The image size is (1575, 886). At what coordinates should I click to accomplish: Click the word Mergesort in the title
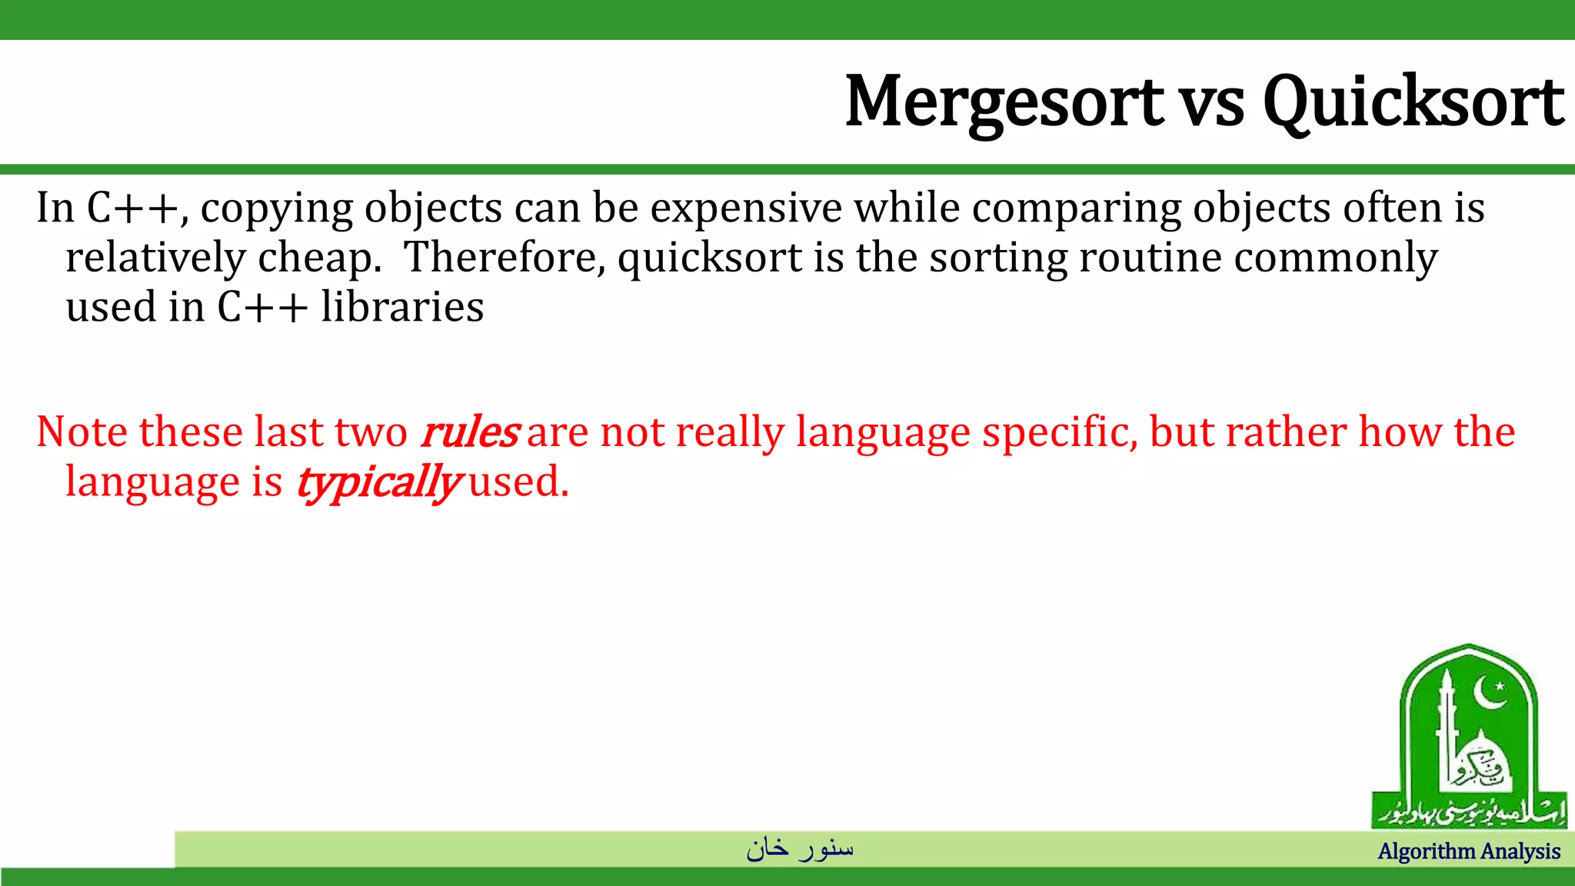coord(1004,102)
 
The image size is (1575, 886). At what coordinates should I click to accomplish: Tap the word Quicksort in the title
coord(1413,102)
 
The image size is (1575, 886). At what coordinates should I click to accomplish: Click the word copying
coord(275,209)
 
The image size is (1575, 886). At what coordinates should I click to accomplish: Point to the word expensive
coord(746,209)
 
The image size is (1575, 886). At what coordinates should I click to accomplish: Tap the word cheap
coord(319,258)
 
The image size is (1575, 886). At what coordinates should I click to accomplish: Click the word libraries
coord(402,307)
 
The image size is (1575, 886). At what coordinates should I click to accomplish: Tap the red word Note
coord(82,431)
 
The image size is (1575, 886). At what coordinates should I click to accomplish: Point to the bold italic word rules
coord(470,431)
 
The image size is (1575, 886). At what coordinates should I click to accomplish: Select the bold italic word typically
coord(378,484)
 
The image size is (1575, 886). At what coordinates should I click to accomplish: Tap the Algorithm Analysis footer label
coord(1469,851)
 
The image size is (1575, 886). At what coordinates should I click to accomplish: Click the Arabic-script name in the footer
coord(800,848)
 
